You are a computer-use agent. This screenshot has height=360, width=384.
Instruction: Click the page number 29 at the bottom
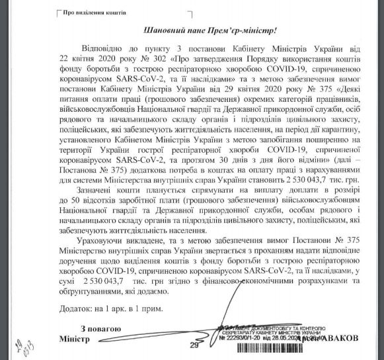[194, 345]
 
